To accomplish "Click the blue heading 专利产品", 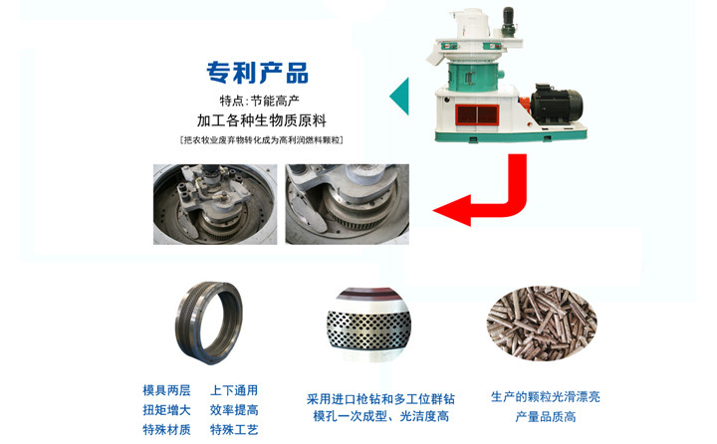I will (257, 73).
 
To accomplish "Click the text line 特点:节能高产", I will (257, 101).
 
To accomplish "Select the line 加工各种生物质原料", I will (257, 120).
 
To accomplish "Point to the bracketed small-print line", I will (258, 140).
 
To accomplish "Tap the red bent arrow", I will (488, 194).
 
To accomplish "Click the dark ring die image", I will (206, 323).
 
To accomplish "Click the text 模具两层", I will (166, 390).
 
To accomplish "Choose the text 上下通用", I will (234, 390).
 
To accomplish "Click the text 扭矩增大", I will (166, 409).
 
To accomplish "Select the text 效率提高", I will (234, 409).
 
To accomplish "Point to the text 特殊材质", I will (166, 429).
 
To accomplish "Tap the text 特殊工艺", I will (234, 429).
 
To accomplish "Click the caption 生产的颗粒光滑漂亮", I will (545, 396).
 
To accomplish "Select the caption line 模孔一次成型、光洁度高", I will (380, 416).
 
